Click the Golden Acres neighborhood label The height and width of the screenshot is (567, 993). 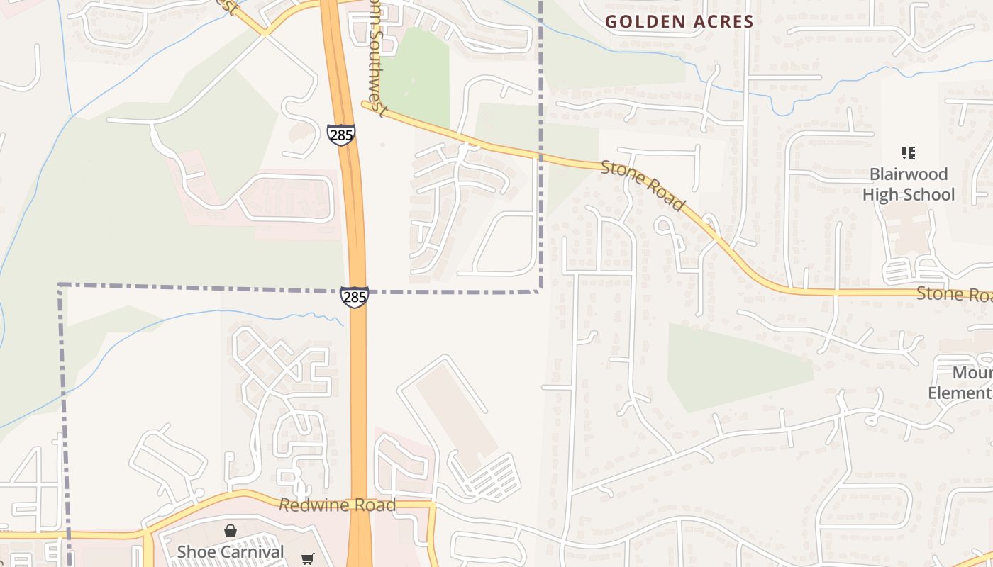click(679, 21)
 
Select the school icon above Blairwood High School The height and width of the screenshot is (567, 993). click(908, 152)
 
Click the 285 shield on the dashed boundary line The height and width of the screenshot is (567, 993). click(354, 297)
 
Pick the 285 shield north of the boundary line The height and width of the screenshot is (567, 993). click(340, 134)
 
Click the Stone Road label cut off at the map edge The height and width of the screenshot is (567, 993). click(954, 293)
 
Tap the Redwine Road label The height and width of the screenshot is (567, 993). click(337, 505)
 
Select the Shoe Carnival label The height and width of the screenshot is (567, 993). click(231, 551)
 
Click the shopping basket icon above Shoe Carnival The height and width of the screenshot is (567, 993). click(231, 530)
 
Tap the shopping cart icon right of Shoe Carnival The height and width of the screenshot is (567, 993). click(307, 559)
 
